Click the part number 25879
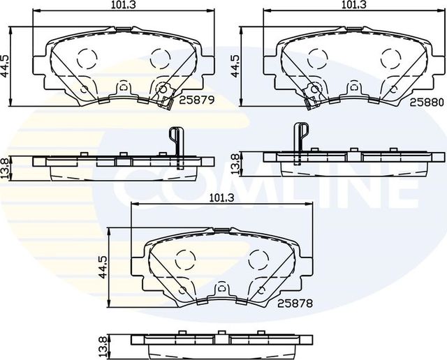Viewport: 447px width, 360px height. click(x=196, y=100)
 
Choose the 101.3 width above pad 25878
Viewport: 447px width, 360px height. click(x=221, y=197)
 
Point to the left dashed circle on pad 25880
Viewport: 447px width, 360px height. click(x=317, y=57)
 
